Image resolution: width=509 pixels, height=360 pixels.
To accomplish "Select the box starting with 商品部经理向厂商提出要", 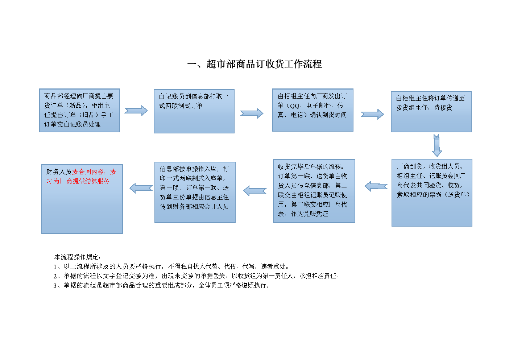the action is tap(79, 111).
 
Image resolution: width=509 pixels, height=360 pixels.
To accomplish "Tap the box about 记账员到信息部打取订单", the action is tap(194, 111).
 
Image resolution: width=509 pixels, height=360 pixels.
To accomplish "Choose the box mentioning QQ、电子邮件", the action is tap(313, 110).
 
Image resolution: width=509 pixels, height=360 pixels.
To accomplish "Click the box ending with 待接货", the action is tap(431, 112).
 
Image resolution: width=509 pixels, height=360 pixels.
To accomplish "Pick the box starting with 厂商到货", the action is tap(432, 193).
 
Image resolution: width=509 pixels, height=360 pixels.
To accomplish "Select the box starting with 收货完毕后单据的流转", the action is tap(314, 191).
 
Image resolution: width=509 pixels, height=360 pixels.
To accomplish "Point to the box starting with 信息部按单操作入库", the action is tap(195, 192).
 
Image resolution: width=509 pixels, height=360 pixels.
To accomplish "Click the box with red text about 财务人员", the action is tap(82, 199).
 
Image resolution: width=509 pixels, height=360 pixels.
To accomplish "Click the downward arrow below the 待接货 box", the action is tap(436, 145).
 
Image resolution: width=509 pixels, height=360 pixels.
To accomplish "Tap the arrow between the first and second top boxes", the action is tap(136, 111).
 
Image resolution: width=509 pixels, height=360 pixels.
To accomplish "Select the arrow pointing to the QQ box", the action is tap(252, 113).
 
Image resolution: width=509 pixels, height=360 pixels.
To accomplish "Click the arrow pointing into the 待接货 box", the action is tap(372, 114).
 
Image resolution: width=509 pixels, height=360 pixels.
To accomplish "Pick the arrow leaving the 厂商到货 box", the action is tap(376, 186).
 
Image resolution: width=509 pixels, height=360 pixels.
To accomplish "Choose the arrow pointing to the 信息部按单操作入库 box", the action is tap(255, 191).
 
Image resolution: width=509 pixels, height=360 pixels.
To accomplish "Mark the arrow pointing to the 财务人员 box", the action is tap(141, 188).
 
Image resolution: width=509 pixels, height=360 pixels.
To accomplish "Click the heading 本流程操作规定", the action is tap(77, 257).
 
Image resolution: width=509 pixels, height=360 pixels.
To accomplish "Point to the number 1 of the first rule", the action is tap(55, 267).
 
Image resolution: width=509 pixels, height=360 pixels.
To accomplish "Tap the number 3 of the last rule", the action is tap(55, 286).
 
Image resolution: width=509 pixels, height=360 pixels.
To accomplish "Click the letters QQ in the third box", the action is tap(295, 106).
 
